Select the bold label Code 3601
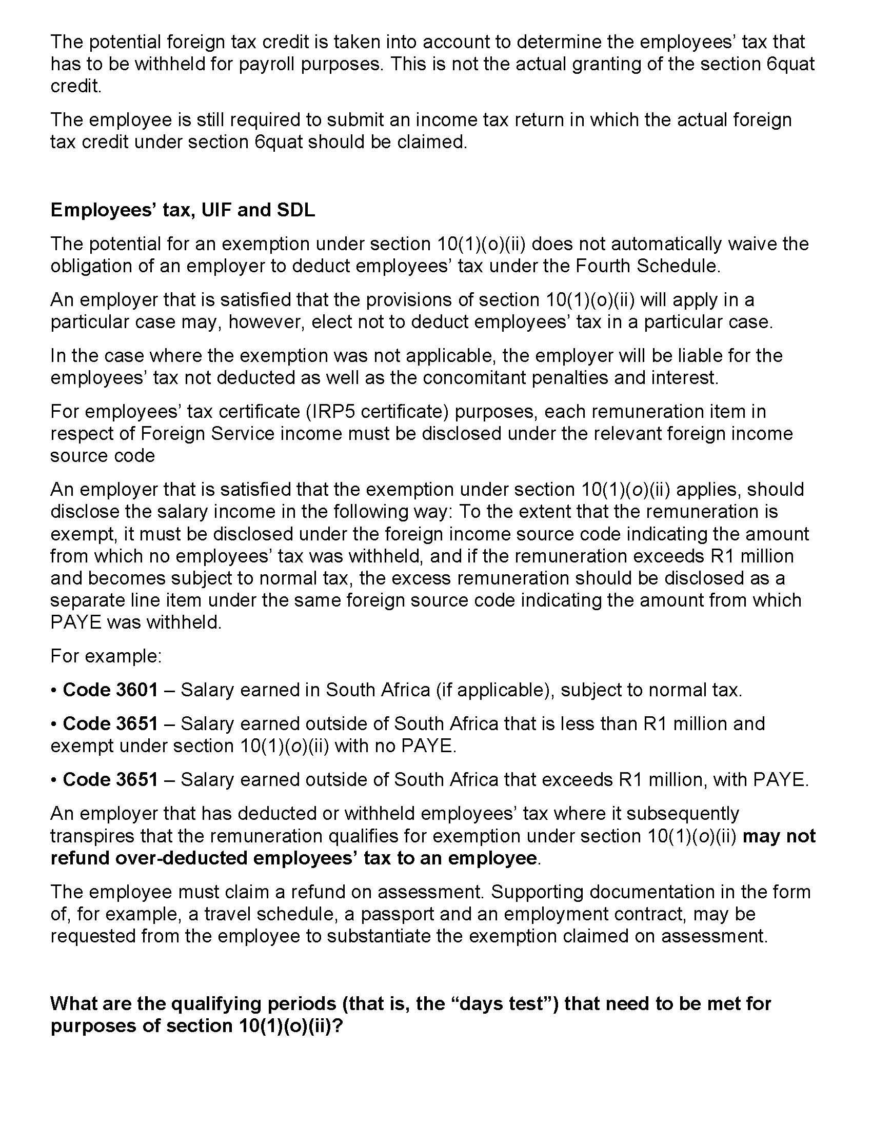[110, 690]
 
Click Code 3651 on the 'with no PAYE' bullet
[110, 723]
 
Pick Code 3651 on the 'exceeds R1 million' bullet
[110, 779]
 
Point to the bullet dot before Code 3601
[54, 690]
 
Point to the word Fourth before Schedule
[603, 266]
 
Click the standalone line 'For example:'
[106, 656]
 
